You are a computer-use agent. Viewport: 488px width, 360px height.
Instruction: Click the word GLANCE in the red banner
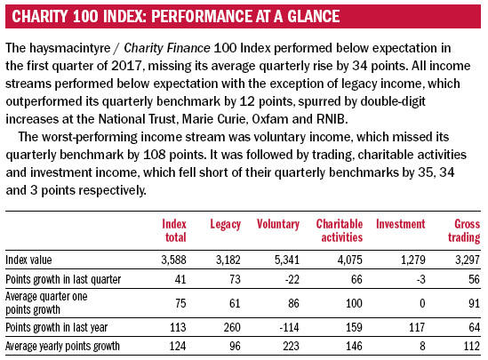(x=314, y=17)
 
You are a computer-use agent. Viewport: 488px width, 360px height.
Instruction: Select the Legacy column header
(x=225, y=224)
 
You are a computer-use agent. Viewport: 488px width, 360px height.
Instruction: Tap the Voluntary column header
(x=278, y=224)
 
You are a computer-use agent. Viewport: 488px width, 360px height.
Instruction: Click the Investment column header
(x=400, y=224)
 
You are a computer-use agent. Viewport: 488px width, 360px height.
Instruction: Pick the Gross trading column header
(x=464, y=230)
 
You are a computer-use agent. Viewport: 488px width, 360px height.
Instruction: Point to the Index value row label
(x=28, y=260)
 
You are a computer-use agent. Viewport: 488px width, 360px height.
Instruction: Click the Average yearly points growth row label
(x=62, y=346)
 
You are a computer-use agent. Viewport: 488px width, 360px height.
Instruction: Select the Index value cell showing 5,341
(x=286, y=260)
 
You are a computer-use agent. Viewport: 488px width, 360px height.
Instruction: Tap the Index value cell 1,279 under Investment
(x=412, y=260)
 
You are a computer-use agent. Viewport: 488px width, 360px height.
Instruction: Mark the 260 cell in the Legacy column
(x=232, y=327)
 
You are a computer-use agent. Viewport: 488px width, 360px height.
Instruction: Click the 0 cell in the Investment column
(x=422, y=303)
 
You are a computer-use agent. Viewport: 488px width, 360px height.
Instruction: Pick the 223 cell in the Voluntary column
(x=291, y=346)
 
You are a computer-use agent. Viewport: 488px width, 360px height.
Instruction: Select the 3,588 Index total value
(x=173, y=260)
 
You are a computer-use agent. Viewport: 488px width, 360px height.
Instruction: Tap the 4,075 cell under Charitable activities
(x=350, y=260)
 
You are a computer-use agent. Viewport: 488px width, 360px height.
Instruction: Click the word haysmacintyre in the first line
(x=70, y=48)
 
